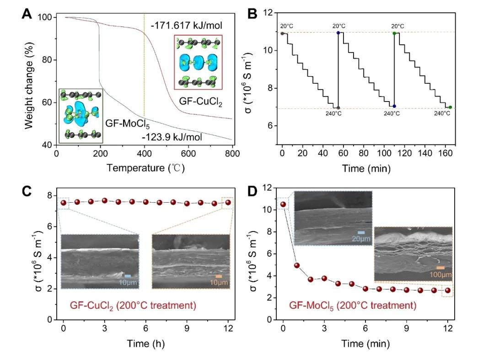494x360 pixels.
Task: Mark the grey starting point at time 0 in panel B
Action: (282, 33)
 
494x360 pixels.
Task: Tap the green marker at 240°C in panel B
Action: (450, 107)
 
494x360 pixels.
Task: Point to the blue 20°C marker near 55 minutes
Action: (338, 32)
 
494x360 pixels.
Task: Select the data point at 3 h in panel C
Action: (104, 200)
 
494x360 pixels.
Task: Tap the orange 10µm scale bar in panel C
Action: (219, 276)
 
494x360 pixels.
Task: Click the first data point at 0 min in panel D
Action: (283, 204)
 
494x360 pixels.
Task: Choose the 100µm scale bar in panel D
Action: (440, 268)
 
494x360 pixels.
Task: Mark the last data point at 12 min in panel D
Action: (447, 290)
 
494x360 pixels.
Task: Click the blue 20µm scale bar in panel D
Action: (361, 232)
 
